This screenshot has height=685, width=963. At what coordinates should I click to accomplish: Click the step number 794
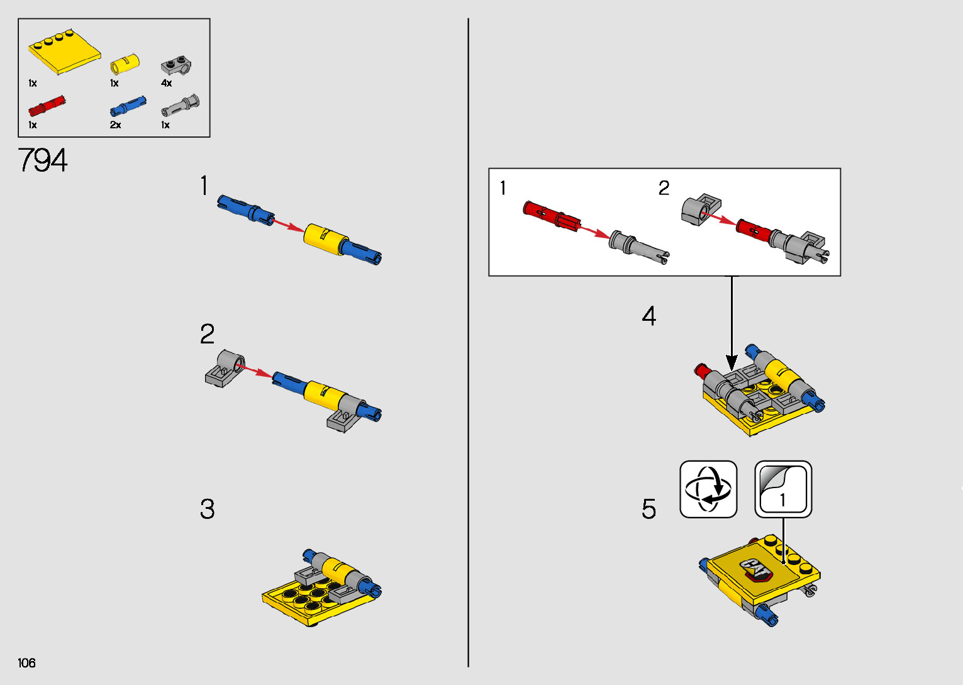click(x=43, y=160)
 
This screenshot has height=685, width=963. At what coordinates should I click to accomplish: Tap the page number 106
click(x=26, y=662)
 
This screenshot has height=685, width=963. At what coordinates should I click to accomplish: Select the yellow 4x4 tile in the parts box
click(x=65, y=52)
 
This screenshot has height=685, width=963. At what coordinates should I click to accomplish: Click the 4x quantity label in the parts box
click(x=167, y=83)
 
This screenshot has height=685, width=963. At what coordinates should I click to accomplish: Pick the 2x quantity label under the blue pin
click(x=115, y=125)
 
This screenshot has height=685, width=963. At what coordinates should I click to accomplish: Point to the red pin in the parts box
click(x=47, y=106)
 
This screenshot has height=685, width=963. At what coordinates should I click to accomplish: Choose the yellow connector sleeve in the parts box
click(x=125, y=64)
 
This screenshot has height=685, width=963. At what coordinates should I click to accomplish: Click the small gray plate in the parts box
click(x=176, y=65)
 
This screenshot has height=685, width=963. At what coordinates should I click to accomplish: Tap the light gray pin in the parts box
click(x=180, y=105)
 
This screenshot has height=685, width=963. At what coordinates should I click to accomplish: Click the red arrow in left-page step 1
click(x=289, y=225)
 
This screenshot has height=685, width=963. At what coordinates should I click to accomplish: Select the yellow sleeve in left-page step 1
click(x=325, y=240)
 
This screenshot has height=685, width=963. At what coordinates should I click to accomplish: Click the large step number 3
click(x=207, y=509)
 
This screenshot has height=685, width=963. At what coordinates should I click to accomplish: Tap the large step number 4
click(x=648, y=316)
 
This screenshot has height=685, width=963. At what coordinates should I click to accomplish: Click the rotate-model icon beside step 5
click(x=708, y=489)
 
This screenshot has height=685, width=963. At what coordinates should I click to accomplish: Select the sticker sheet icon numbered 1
click(x=783, y=489)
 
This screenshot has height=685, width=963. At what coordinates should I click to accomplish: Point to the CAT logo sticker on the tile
click(x=757, y=570)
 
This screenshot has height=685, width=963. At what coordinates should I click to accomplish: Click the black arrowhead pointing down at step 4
click(x=732, y=362)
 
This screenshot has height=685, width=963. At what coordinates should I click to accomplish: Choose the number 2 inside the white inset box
click(x=664, y=188)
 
